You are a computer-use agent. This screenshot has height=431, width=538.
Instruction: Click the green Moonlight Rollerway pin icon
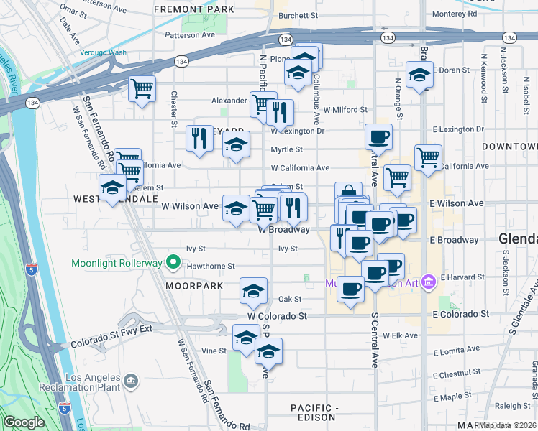173,263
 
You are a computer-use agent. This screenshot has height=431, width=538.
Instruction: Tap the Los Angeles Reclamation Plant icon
131,380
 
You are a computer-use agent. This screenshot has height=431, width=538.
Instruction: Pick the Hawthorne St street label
211,266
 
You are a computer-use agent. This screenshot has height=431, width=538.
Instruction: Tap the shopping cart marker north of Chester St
142,89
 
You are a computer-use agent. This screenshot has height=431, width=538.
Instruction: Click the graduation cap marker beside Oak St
252,291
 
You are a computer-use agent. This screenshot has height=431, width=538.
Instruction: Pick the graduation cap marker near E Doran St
419,74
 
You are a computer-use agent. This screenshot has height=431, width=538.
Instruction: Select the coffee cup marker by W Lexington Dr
378,136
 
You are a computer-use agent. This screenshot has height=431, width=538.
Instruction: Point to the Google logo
24,422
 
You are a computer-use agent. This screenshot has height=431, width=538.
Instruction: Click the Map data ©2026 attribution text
508,425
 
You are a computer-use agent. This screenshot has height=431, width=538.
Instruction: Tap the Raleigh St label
514,405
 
